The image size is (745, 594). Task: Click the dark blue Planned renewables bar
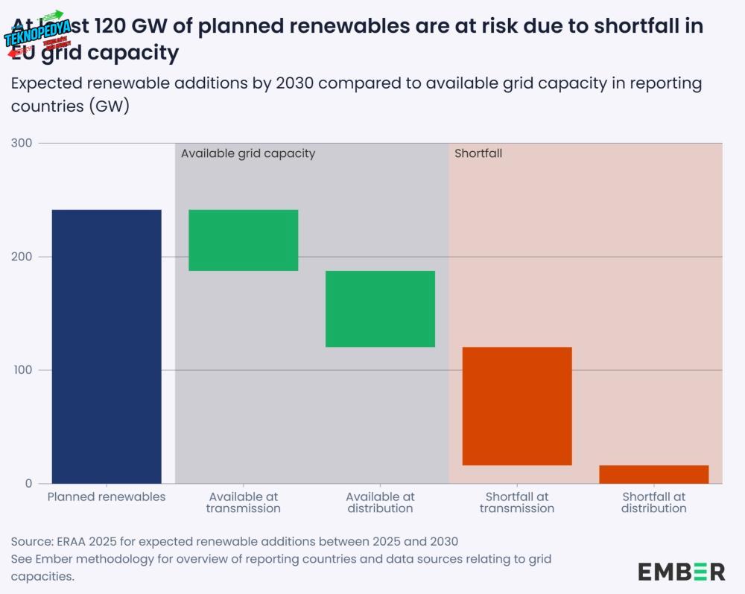click(107, 346)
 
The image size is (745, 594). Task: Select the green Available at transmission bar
click(244, 240)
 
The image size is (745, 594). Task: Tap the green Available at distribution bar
click(380, 308)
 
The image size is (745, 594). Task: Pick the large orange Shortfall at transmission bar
click(517, 406)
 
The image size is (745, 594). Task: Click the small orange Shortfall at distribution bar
click(653, 474)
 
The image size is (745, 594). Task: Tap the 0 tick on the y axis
click(28, 484)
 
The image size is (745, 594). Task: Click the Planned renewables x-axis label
click(107, 496)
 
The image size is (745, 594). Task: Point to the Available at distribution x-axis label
click(380, 502)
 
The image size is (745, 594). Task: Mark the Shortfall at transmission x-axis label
click(517, 502)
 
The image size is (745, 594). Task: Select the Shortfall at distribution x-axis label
click(653, 502)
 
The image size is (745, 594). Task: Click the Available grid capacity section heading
click(248, 153)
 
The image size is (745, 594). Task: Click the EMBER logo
click(681, 572)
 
